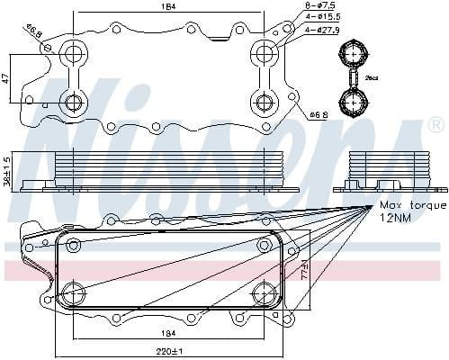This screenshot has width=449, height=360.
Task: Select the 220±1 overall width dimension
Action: coord(167,350)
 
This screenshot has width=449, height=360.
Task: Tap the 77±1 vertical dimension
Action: coord(305,274)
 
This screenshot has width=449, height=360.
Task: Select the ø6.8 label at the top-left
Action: coord(32,34)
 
